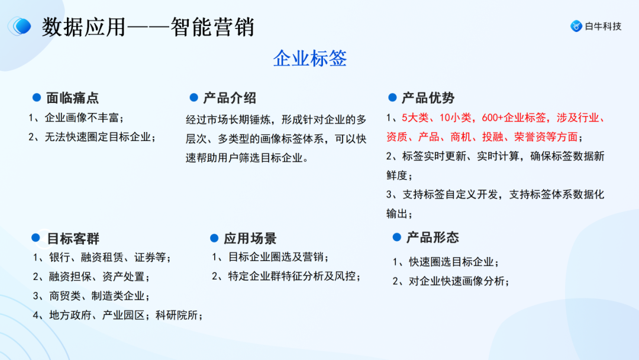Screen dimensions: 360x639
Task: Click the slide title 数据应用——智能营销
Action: pyautogui.click(x=148, y=27)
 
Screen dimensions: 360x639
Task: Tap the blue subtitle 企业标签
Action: pyautogui.click(x=309, y=58)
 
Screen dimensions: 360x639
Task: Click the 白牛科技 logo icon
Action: pyautogui.click(x=576, y=26)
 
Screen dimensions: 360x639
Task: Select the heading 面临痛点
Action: pyautogui.click(x=73, y=98)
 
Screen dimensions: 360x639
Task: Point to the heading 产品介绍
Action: pyautogui.click(x=230, y=98)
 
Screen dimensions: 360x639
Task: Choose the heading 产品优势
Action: pyautogui.click(x=428, y=98)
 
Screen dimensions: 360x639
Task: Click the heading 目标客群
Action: pyautogui.click(x=73, y=239)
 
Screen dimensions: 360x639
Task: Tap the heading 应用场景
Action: pyautogui.click(x=250, y=239)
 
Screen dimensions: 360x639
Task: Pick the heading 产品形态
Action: pyautogui.click(x=433, y=237)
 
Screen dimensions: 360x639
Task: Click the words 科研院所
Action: pyautogui.click(x=179, y=315)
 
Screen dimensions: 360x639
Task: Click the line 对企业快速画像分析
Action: pyautogui.click(x=459, y=281)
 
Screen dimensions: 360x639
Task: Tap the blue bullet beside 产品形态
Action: pyautogui.click(x=397, y=237)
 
